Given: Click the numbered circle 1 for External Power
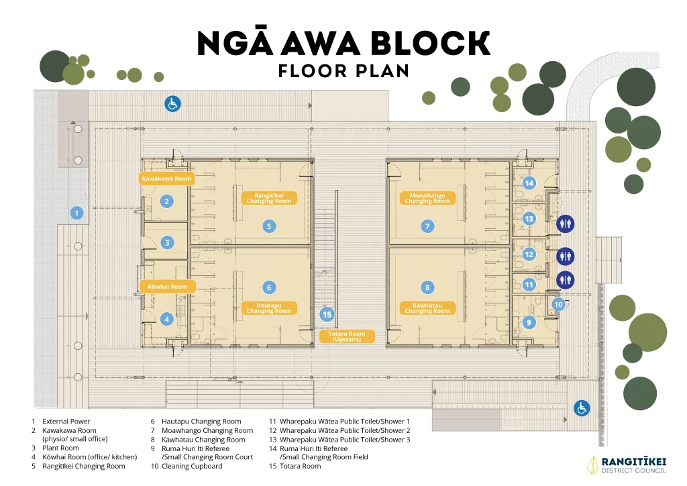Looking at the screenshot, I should tap(76, 213).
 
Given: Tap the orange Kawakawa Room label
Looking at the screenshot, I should tap(166, 179).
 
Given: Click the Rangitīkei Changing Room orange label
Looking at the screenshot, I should tap(268, 199).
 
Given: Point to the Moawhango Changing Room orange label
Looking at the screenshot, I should tap(427, 199).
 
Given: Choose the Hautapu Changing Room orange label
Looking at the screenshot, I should tap(268, 308).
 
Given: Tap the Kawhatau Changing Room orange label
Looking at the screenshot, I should tap(427, 308).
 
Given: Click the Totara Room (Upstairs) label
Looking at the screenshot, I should tap(347, 336).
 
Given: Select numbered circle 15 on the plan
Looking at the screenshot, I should tap(327, 314).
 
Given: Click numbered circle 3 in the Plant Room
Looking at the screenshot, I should tap(167, 243).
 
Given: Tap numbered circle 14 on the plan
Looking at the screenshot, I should tap(529, 183).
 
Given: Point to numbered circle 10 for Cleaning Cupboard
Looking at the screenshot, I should tap(558, 304).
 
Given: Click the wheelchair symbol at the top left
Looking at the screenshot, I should tap(173, 103).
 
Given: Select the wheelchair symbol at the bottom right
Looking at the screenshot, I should tap(581, 407).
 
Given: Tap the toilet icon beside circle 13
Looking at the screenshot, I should tap(565, 223).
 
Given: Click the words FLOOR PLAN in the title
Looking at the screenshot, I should tap(343, 70).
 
